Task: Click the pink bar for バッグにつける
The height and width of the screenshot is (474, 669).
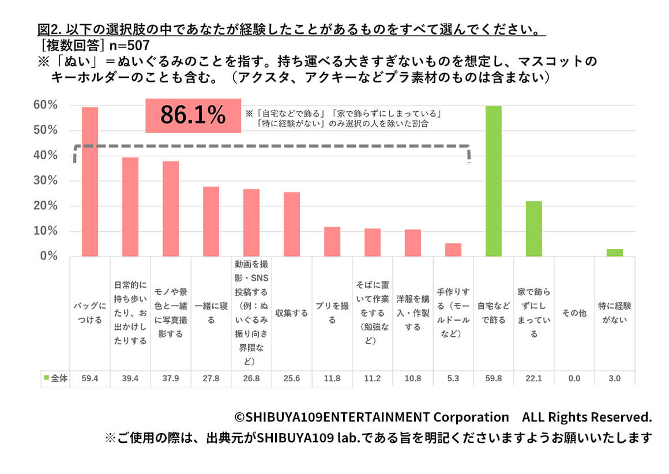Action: [90, 182]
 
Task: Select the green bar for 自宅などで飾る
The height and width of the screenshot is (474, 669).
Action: [494, 181]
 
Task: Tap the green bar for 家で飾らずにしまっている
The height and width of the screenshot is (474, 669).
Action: [534, 229]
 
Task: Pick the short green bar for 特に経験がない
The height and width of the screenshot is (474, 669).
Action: [615, 253]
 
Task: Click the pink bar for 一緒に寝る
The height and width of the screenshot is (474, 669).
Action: [211, 221]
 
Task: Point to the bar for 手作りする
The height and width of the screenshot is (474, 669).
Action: [453, 250]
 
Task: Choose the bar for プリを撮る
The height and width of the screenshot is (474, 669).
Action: [332, 242]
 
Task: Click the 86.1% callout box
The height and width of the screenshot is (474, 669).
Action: [193, 116]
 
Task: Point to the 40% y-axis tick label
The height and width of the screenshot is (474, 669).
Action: [45, 156]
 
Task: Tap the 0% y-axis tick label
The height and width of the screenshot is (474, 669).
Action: [48, 257]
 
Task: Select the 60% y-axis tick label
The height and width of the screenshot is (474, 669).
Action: [45, 105]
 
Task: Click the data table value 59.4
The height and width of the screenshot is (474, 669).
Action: [90, 379]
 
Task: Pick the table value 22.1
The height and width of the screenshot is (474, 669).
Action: [534, 379]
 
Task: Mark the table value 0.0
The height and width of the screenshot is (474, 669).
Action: [574, 379]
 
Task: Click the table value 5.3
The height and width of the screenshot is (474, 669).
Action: [453, 379]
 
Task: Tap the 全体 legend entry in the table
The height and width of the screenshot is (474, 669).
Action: [56, 379]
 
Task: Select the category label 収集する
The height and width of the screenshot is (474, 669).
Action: [292, 313]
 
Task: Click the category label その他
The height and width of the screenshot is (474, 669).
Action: [574, 313]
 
